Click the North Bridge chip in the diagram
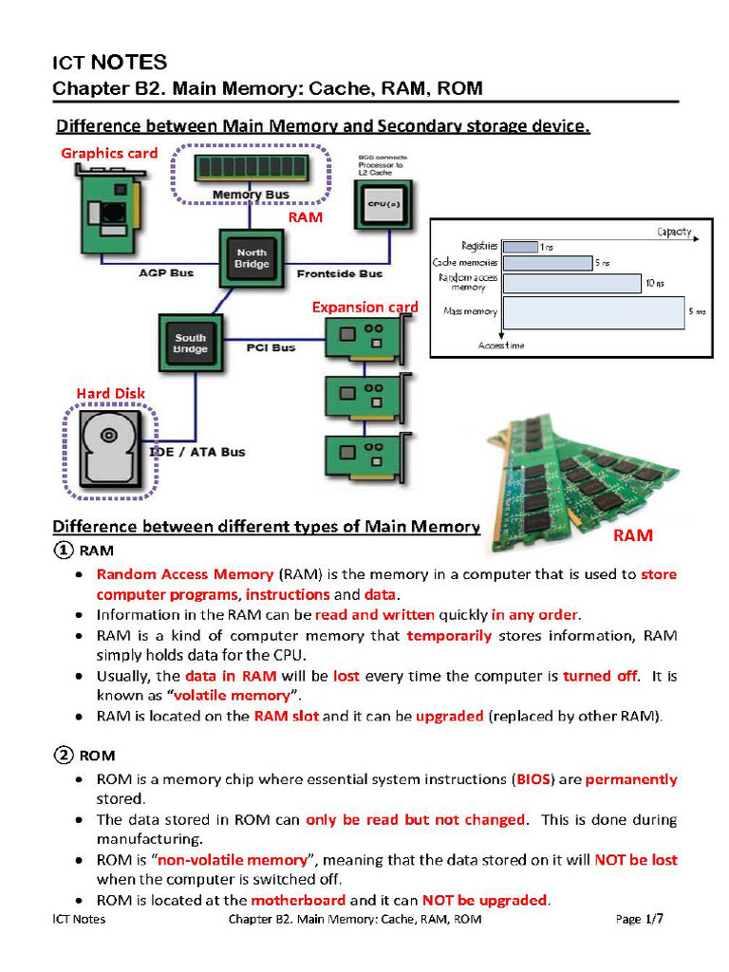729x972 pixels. coord(252,257)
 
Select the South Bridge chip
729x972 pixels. coord(190,344)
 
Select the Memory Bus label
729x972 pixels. coord(251,195)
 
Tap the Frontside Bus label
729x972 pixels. coord(340,273)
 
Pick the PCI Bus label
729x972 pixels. coord(271,347)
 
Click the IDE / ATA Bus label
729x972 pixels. coord(198,452)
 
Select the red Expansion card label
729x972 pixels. coord(364,307)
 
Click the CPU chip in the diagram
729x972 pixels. coord(382,203)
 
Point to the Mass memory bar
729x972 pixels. coord(593,312)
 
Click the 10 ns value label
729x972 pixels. coord(655,283)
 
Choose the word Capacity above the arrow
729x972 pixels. coord(673,232)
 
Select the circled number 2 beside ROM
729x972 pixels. coord(63,756)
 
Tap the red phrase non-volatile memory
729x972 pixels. coord(233,860)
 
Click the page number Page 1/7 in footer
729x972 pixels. coord(640,919)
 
